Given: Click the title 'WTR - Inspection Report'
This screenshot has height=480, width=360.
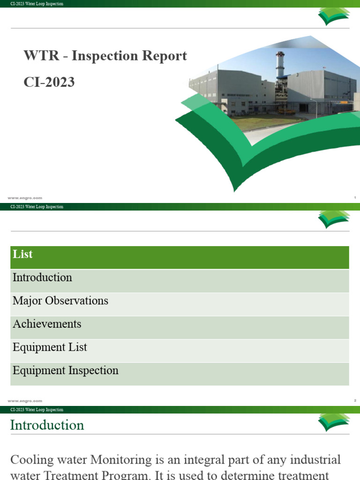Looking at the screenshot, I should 105,56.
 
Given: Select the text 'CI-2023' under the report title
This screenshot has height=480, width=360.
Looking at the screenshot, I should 49,82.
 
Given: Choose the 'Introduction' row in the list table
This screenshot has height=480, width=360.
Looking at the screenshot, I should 43,277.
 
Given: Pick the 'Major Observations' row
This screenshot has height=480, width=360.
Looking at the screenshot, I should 60,300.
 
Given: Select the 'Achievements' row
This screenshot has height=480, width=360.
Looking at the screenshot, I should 47,324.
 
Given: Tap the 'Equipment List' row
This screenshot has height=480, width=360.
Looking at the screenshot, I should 50,347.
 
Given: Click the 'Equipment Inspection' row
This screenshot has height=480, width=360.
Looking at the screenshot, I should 66,370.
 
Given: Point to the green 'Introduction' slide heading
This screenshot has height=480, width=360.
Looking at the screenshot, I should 47,425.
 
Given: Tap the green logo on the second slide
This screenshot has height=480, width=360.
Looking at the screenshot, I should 334,218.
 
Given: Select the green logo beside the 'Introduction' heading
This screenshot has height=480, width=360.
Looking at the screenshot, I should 334,421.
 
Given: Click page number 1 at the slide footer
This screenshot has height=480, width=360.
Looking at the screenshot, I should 355,198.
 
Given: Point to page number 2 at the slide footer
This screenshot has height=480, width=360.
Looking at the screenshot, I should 355,401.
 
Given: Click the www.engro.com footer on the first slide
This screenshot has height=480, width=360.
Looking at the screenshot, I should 25,198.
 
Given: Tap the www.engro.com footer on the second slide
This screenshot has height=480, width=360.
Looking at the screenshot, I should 25,401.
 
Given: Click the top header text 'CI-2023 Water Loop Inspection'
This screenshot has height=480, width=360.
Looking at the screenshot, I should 37,4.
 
